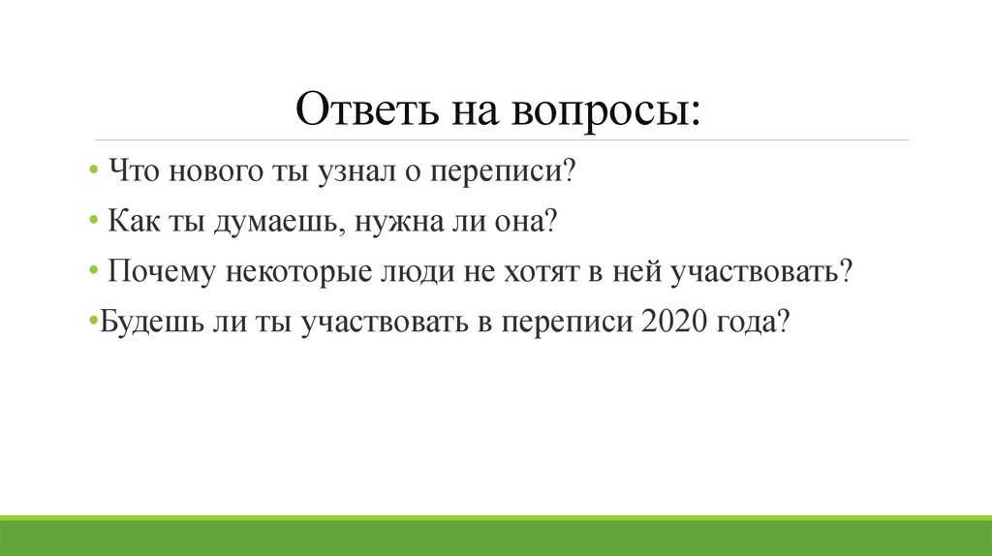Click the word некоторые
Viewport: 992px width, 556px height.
coord(299,271)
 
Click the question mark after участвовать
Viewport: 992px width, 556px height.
coord(845,271)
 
